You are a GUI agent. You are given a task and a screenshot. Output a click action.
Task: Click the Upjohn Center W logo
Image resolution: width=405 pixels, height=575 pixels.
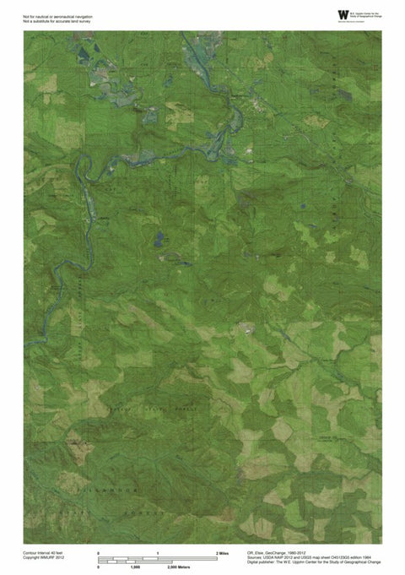point(341,14)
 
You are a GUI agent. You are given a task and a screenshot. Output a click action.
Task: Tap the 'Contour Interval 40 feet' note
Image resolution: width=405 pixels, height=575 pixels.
point(43,551)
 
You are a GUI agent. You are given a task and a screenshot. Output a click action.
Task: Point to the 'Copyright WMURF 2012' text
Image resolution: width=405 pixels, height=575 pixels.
point(43,557)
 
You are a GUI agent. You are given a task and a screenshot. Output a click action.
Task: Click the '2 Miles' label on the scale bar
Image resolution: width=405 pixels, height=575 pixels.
point(224,551)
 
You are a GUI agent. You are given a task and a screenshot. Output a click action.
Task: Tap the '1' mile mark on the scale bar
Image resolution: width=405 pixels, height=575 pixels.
point(158,551)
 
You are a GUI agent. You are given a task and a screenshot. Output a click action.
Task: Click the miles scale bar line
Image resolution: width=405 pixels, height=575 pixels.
point(158,558)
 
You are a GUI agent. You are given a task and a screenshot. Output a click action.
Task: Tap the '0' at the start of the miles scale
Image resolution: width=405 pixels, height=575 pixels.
point(100,551)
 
